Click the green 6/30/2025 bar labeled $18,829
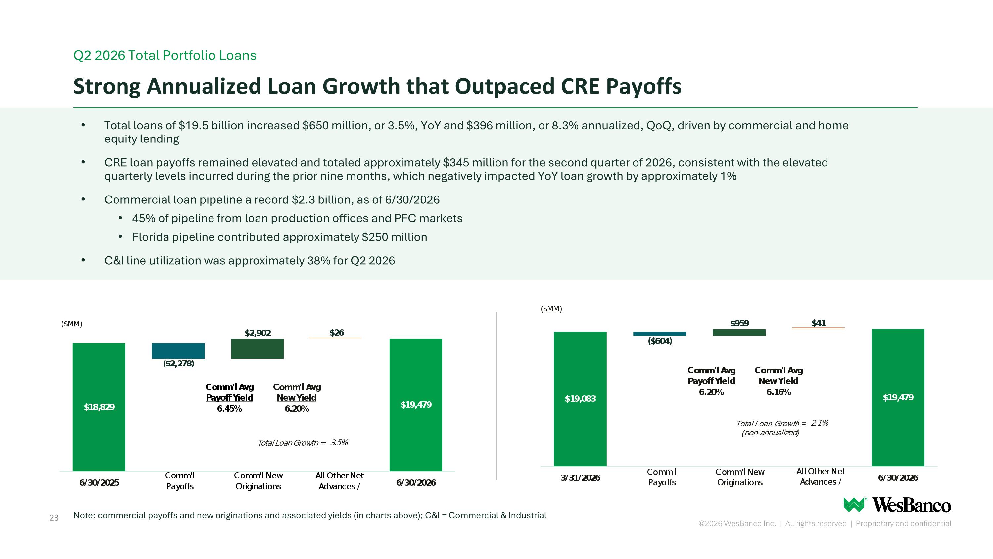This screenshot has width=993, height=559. click(x=99, y=407)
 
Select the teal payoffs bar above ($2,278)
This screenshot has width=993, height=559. click(x=178, y=351)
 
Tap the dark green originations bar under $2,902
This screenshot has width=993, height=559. click(x=257, y=349)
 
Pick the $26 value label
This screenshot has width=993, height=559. click(x=337, y=333)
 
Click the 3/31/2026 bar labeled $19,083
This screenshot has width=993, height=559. click(x=580, y=399)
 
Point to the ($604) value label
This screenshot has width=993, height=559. click(x=660, y=341)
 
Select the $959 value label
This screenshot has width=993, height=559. click(x=739, y=323)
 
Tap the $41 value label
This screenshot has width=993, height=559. click(x=818, y=323)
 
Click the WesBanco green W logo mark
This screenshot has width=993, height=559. click(x=855, y=505)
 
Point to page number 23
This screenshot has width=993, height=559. click(x=54, y=518)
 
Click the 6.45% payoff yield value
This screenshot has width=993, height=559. click(x=229, y=409)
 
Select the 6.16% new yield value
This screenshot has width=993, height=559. click(x=778, y=392)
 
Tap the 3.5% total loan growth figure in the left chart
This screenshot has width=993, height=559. click(x=339, y=442)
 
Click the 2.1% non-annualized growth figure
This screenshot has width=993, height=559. click(x=820, y=423)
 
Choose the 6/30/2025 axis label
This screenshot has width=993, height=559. click(x=99, y=482)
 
